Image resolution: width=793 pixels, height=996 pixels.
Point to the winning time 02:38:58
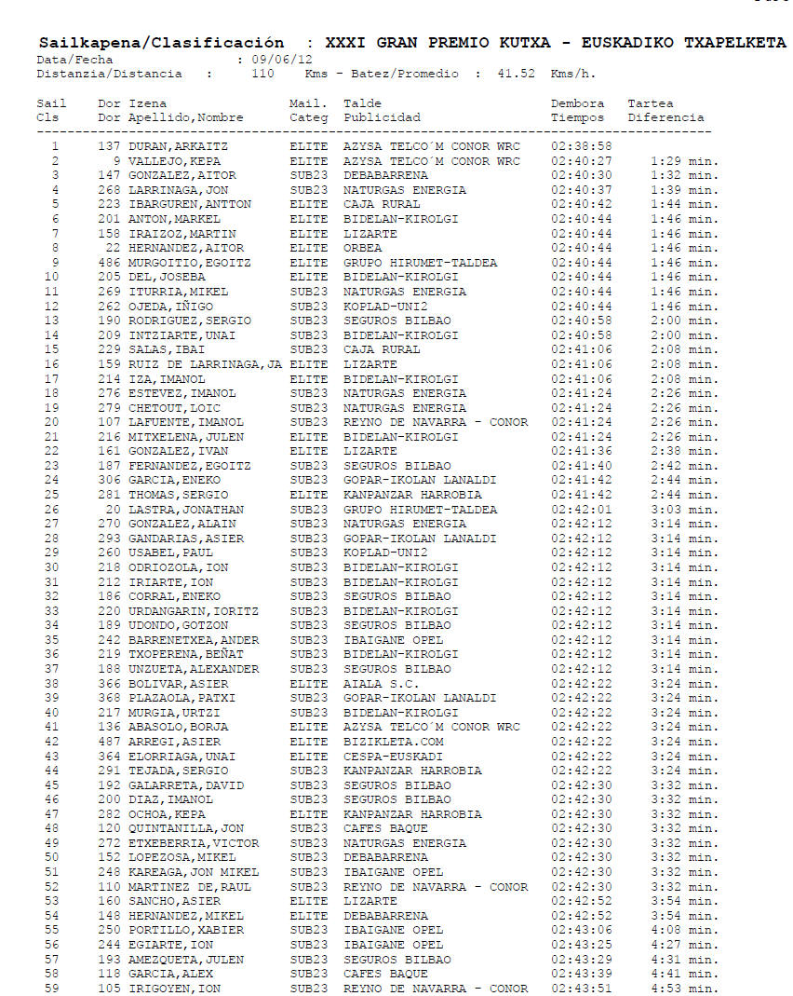[581, 146]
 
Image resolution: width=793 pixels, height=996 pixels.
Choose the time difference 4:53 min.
[684, 989]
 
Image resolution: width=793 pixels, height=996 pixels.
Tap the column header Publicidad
[382, 118]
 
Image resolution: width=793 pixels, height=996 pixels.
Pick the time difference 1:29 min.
[684, 161]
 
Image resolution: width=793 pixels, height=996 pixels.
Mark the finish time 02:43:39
[581, 975]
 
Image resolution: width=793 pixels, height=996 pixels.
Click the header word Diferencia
[665, 118]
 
